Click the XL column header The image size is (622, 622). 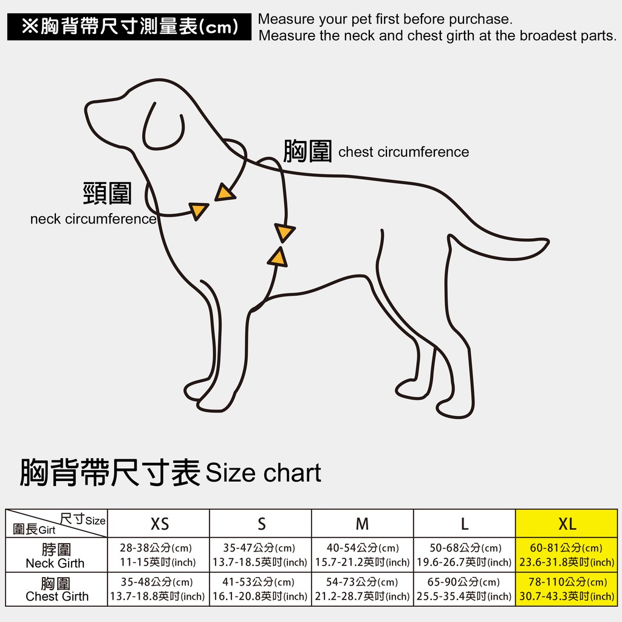tap(567, 523)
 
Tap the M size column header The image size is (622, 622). tap(363, 523)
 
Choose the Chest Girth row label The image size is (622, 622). tap(56, 589)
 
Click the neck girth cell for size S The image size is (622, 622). tap(261, 555)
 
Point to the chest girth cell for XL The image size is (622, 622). tap(567, 589)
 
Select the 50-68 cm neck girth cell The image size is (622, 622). tap(465, 555)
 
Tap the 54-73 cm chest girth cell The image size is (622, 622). tap(363, 589)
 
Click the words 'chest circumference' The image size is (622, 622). tap(403, 152)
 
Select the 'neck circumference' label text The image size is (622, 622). tap(93, 219)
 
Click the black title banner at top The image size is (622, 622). tap(129, 27)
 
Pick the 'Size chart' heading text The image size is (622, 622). tap(264, 473)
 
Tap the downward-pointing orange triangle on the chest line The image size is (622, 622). tap(284, 233)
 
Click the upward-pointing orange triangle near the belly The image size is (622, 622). tap(278, 257)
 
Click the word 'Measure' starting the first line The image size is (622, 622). tap(287, 19)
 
